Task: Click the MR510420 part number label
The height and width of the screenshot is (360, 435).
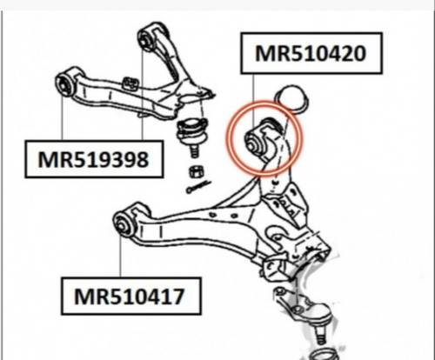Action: pyautogui.click(x=311, y=53)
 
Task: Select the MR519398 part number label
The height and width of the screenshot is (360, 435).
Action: pyautogui.click(x=94, y=159)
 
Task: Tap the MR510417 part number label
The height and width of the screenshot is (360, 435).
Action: pyautogui.click(x=131, y=297)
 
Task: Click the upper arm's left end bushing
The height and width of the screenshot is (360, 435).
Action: pyautogui.click(x=64, y=84)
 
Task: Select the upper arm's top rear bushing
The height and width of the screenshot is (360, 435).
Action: pyautogui.click(x=145, y=39)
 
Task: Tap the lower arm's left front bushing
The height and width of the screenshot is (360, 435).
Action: pyautogui.click(x=124, y=223)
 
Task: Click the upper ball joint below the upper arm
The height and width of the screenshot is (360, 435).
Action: pyautogui.click(x=192, y=130)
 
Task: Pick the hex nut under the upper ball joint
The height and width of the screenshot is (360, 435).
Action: pyautogui.click(x=197, y=172)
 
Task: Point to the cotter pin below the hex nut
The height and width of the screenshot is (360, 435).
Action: pyautogui.click(x=198, y=187)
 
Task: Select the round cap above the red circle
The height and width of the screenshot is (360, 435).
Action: pyautogui.click(x=292, y=97)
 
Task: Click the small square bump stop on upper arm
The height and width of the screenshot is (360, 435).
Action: pyautogui.click(x=130, y=83)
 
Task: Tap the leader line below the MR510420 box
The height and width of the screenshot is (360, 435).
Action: pyautogui.click(x=253, y=101)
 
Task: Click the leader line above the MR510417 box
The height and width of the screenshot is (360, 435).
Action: pyautogui.click(x=120, y=256)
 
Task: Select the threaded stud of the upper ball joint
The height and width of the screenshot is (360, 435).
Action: pyautogui.click(x=194, y=150)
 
